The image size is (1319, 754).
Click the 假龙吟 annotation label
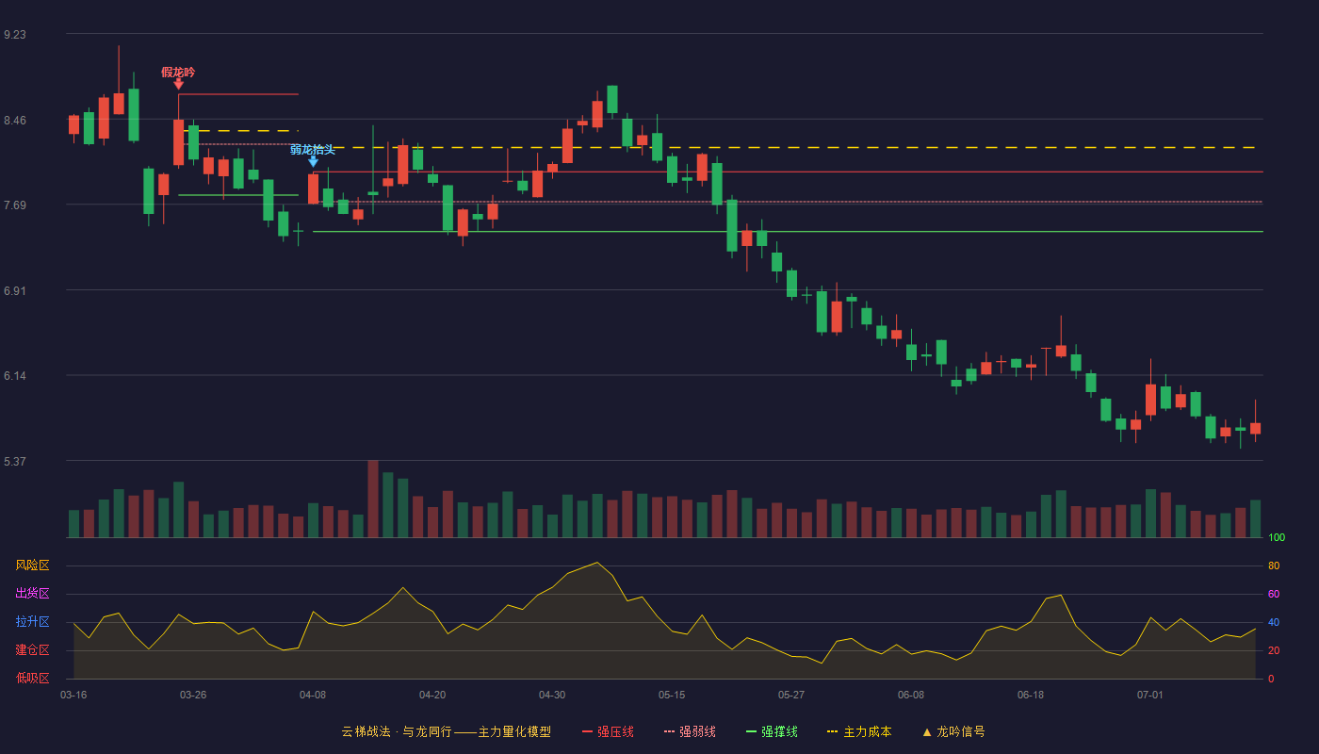[x=178, y=72]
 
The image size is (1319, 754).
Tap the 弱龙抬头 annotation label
[x=313, y=150]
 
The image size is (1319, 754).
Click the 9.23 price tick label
[x=15, y=35]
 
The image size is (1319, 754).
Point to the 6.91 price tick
[x=15, y=291]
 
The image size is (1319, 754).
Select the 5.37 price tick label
[x=15, y=461]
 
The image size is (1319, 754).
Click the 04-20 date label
[x=432, y=696]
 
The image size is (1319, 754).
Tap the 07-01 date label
[x=1150, y=696]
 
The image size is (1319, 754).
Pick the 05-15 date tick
[x=672, y=696]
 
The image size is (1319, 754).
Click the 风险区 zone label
[x=32, y=565]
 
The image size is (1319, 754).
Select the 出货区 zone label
[x=32, y=593]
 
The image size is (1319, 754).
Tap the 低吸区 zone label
[x=32, y=678]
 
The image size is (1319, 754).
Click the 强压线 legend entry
[x=608, y=731]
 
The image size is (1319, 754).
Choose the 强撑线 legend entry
[x=772, y=731]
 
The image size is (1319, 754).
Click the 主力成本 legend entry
[x=859, y=731]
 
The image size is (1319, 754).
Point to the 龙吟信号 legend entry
[x=953, y=731]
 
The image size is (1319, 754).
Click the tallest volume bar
[x=373, y=499]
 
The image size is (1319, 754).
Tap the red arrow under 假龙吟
[x=178, y=84]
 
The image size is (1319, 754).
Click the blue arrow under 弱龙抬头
[x=313, y=161]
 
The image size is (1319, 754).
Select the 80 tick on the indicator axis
[x=1274, y=565]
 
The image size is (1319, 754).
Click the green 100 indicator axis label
[x=1277, y=537]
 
